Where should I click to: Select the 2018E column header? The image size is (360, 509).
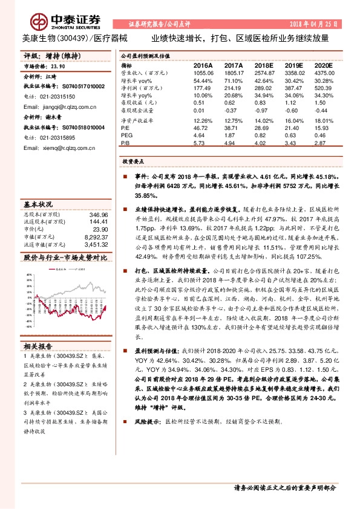(264, 64)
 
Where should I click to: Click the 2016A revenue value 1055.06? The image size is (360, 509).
(203, 72)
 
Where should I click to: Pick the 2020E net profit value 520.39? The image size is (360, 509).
(324, 88)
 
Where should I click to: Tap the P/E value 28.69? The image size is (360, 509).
(264, 129)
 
